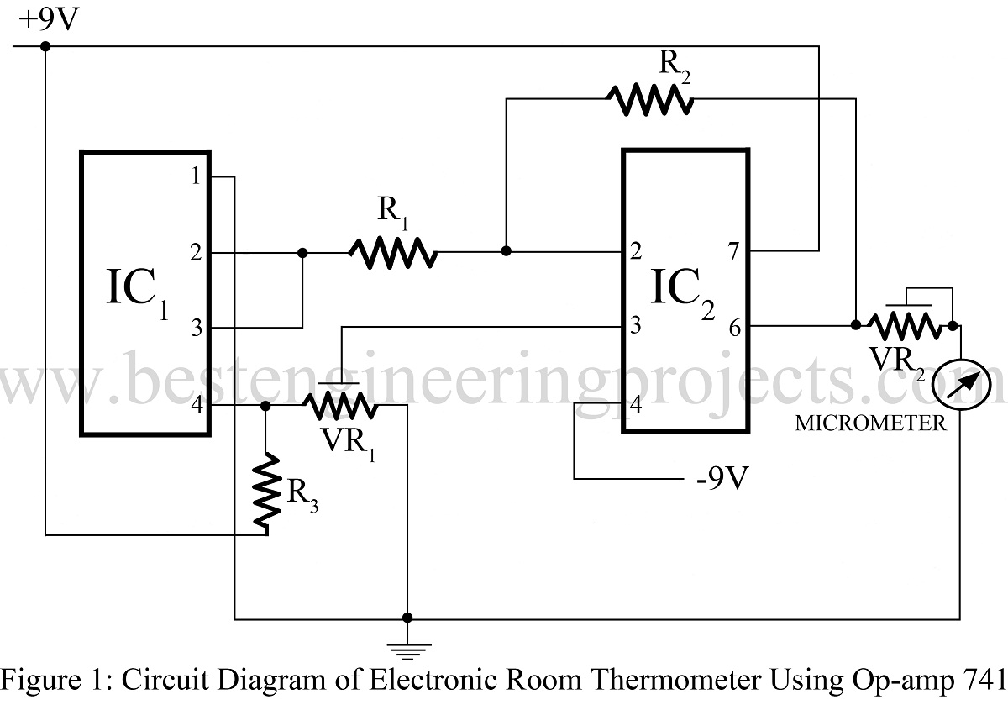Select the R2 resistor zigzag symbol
[x=650, y=99]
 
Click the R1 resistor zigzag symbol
[x=393, y=251]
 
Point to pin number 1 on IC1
[x=195, y=177]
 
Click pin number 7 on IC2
[x=734, y=250]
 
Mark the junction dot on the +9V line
[x=45, y=45]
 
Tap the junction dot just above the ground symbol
[x=408, y=617]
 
